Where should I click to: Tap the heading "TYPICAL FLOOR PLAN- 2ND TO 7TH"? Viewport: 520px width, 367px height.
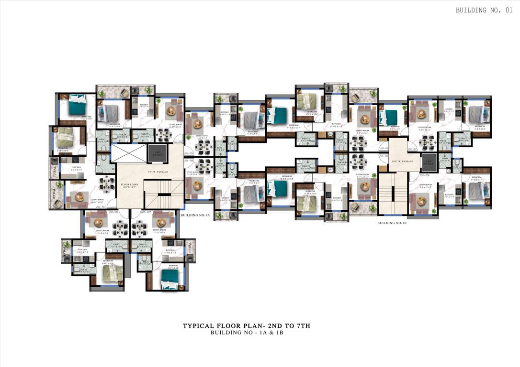tap(247, 326)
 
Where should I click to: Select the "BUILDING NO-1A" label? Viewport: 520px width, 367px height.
tap(193, 216)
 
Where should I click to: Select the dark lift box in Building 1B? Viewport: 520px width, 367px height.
tap(428, 163)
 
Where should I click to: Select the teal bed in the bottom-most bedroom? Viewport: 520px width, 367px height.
tap(170, 280)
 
